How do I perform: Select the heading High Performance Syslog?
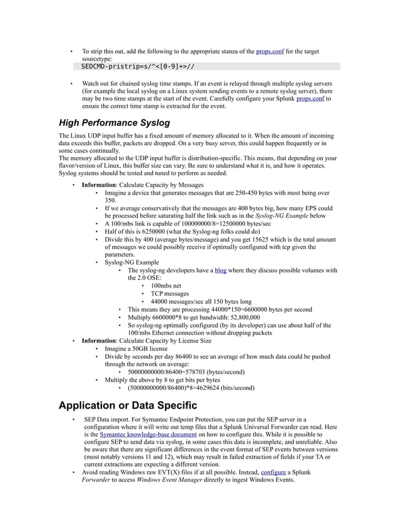tap(114, 123)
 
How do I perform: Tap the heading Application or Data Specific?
tap(128, 406)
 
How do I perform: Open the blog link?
tap(220, 270)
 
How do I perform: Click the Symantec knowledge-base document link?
tap(148, 434)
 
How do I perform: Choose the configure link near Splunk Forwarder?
tap(271, 473)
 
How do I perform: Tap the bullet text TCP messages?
tap(169, 294)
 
